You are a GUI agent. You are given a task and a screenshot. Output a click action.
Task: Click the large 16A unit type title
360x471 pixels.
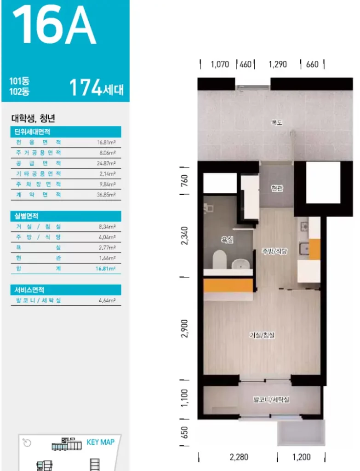coord(54,25)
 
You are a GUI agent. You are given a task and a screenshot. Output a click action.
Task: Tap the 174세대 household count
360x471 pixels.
coord(97,87)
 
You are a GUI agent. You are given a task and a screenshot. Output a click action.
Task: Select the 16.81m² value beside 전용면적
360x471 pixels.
coord(106,143)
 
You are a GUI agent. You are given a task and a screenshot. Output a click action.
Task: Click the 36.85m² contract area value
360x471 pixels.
coord(106,195)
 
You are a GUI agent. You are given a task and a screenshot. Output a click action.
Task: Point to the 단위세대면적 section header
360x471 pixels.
coord(32,132)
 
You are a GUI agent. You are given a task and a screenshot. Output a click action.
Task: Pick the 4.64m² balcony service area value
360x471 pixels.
coord(107,300)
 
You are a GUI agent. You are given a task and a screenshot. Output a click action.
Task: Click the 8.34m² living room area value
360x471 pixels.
coord(107,227)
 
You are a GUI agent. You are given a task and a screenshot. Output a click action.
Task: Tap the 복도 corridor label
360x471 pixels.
coord(277,122)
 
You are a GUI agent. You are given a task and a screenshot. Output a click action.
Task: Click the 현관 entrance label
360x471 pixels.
coord(276,188)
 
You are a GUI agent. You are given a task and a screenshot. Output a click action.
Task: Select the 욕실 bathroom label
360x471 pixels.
coord(227,239)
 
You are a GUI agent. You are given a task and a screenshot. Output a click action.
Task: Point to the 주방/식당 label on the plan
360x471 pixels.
coord(274,251)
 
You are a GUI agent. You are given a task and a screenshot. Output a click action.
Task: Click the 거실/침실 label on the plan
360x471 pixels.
coord(262,335)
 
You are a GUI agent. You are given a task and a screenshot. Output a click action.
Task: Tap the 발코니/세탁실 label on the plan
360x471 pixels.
coord(271,400)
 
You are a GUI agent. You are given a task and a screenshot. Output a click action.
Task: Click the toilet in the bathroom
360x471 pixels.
coord(219,259)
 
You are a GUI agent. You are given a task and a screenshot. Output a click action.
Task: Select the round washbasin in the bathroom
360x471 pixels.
coord(240,264)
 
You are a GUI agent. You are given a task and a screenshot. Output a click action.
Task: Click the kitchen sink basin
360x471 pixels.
coord(305,249)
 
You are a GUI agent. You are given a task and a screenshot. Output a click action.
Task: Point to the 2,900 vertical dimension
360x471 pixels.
coord(185,328)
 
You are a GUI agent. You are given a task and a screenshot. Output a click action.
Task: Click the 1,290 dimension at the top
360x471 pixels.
coord(278,64)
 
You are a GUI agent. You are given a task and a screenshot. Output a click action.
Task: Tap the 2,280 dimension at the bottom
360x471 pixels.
coord(239,457)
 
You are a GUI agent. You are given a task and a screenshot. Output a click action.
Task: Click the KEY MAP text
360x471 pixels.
coord(101,442)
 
